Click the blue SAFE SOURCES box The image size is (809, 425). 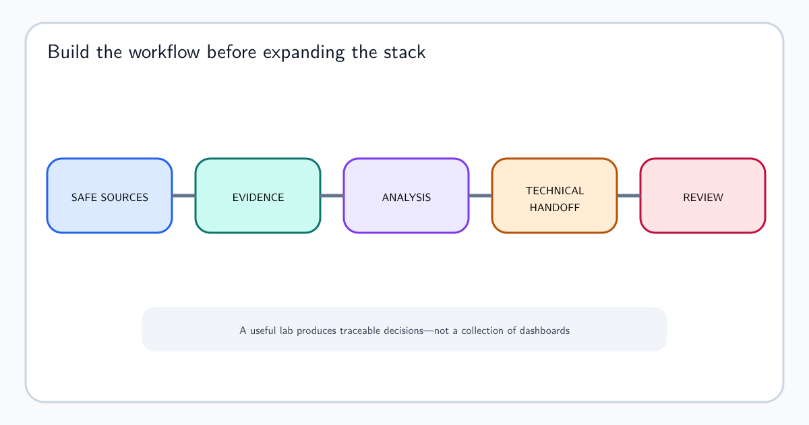tap(109, 196)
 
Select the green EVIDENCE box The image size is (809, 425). tap(258, 196)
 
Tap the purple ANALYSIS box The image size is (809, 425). tap(407, 196)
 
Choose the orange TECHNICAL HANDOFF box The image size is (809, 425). tap(554, 196)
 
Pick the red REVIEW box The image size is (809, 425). tap(702, 196)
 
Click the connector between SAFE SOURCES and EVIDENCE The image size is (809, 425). tap(184, 196)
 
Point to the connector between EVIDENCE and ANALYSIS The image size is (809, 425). tap(332, 196)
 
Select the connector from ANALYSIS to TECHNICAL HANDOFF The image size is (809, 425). tap(480, 196)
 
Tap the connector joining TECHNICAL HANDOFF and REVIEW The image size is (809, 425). tap(629, 196)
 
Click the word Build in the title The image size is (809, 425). tap(68, 52)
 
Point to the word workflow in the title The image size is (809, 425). tap(164, 52)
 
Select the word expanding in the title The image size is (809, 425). tap(304, 53)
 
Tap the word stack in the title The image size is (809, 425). tap(404, 52)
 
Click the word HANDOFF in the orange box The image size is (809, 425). tap(555, 208)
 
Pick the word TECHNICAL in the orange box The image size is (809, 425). tap(555, 190)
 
